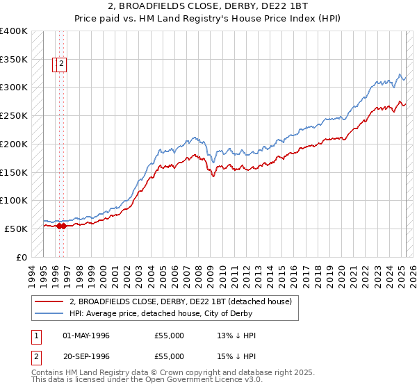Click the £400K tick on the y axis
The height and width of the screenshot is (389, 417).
[x=13, y=31]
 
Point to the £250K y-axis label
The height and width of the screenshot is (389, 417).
[x=13, y=116]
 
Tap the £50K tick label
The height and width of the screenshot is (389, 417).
[x=16, y=229]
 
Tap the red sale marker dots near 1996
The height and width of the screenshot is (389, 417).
[x=61, y=226]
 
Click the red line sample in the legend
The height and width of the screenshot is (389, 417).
[x=48, y=301]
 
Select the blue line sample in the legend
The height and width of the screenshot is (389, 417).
[x=48, y=314]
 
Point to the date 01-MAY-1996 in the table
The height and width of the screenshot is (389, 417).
[x=86, y=336]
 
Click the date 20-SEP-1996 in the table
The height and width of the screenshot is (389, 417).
[x=86, y=357]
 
